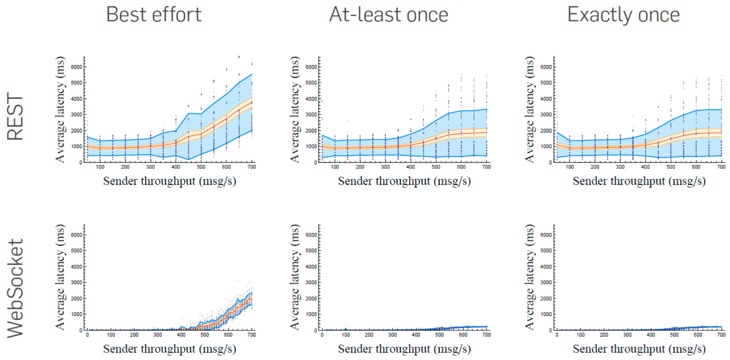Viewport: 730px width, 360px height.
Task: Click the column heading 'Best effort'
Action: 154,15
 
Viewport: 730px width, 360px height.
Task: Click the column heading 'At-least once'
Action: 389,15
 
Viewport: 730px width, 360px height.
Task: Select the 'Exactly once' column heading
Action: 623,15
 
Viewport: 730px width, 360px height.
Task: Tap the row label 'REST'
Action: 15,116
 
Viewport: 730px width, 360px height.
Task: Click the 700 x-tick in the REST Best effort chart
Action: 252,167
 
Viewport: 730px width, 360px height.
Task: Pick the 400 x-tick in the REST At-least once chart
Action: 410,167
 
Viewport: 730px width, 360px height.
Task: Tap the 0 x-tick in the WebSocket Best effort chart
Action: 87,335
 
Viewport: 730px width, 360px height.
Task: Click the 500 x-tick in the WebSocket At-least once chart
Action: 439,335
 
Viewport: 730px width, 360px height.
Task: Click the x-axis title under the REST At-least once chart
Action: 404,181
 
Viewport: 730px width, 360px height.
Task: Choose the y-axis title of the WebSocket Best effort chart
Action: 60,277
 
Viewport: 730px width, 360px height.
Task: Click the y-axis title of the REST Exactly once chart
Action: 529,109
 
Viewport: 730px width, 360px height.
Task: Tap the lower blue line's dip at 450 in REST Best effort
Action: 188,159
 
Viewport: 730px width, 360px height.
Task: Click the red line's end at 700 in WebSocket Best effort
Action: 251,299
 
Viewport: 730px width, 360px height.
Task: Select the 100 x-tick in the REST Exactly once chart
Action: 570,167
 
